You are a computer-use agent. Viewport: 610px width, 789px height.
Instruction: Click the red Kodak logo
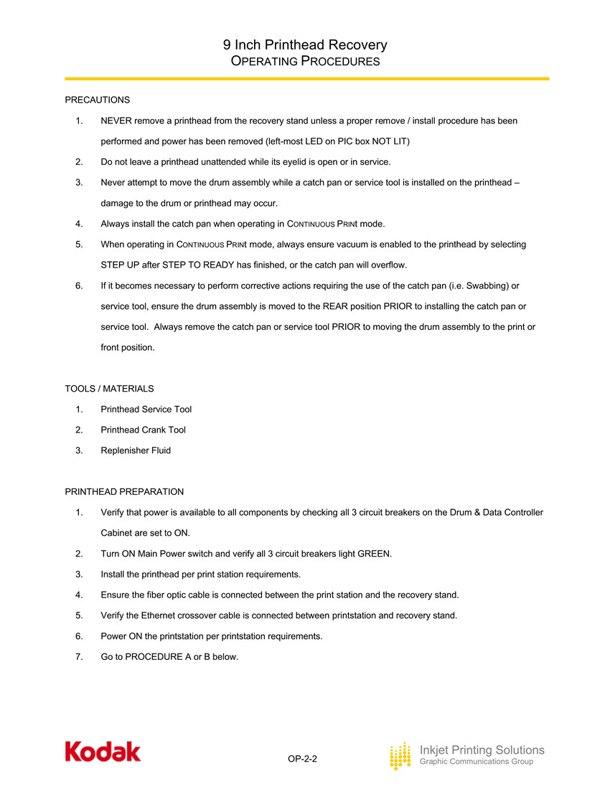point(103,751)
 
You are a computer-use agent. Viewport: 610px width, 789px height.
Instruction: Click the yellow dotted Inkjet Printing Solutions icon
point(400,756)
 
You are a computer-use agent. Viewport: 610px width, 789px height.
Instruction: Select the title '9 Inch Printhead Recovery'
point(305,44)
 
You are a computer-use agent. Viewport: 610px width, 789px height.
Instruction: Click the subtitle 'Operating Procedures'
point(305,62)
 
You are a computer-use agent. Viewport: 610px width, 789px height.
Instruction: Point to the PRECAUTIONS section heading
point(98,99)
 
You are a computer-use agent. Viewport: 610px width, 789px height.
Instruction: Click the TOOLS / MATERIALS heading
point(109,389)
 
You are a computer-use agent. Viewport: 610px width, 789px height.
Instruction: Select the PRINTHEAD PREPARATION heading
point(124,492)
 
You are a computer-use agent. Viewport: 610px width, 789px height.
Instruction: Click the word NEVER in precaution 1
point(116,121)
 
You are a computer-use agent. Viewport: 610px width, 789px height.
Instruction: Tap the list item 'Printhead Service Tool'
point(146,410)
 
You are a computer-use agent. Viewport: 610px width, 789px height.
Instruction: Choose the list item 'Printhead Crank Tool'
point(144,430)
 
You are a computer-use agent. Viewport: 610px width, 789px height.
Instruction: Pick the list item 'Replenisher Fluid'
point(136,451)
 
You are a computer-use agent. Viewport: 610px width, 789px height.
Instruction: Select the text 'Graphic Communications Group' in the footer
point(476,762)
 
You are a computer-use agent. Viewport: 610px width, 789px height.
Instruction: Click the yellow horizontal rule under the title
point(307,79)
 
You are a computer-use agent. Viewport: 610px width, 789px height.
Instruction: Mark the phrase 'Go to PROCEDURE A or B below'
point(169,657)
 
